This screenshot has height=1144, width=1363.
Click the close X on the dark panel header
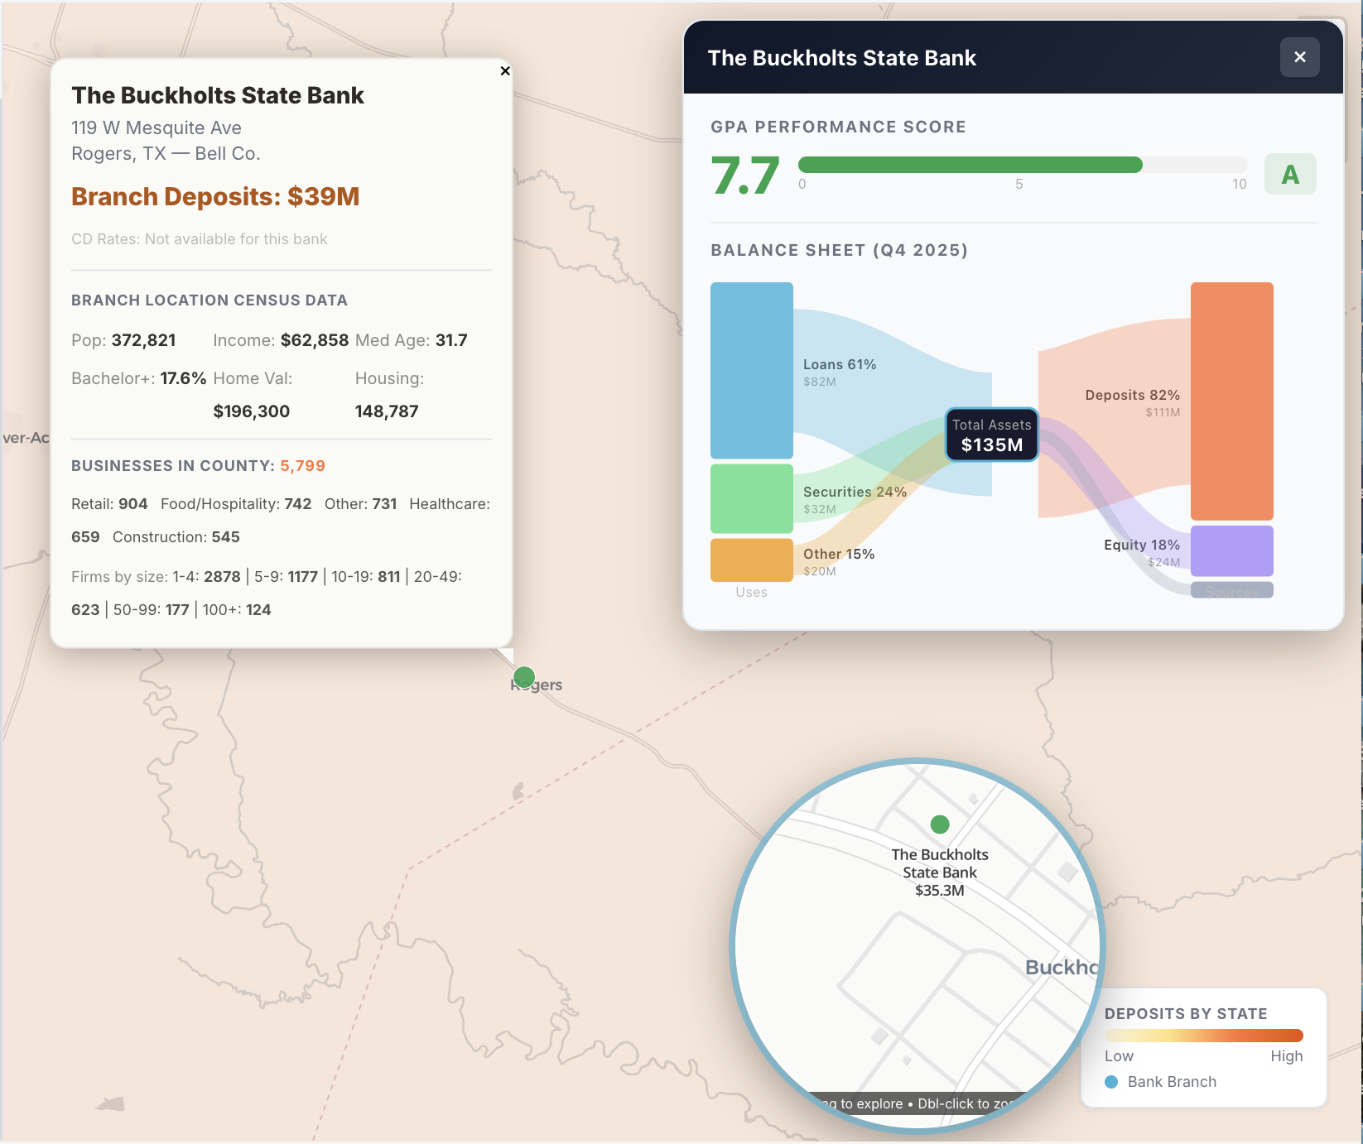click(1299, 57)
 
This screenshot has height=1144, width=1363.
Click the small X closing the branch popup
click(505, 71)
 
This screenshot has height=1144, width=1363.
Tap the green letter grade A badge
click(1289, 175)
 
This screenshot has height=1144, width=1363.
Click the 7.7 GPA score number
click(744, 175)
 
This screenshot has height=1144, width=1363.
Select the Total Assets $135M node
click(991, 435)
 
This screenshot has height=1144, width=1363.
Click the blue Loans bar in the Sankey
click(751, 370)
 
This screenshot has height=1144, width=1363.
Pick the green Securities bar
click(751, 498)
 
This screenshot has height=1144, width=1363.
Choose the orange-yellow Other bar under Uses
click(751, 560)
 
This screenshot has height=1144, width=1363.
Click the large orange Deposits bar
click(1231, 401)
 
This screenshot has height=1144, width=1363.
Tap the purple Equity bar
click(1231, 550)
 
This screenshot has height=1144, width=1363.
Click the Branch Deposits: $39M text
click(215, 196)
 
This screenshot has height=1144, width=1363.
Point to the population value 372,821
click(143, 340)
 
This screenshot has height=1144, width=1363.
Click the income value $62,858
click(314, 340)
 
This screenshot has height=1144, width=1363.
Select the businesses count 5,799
click(302, 466)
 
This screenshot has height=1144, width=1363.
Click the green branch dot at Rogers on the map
click(524, 678)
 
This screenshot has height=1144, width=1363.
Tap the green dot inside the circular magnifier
click(939, 824)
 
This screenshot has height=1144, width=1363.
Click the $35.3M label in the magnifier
click(939, 891)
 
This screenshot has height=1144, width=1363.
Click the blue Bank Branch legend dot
click(1111, 1082)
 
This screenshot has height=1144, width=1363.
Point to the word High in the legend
click(1286, 1056)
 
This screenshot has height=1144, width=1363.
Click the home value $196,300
click(251, 411)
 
